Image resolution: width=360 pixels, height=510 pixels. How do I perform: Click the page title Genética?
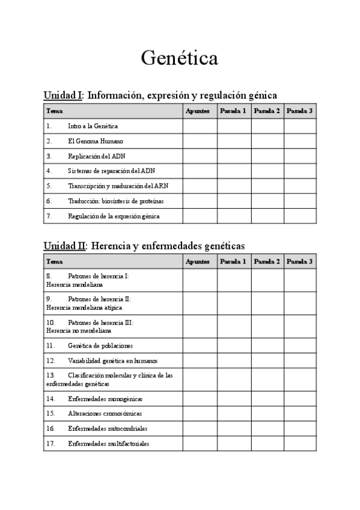coord(180,58)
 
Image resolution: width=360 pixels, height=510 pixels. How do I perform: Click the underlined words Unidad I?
coord(63,95)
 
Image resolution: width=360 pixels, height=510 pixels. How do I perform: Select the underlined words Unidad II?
coord(65,245)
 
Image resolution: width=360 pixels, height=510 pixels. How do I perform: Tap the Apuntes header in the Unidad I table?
coord(198,111)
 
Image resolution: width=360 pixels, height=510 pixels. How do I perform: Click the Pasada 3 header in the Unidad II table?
coord(299,262)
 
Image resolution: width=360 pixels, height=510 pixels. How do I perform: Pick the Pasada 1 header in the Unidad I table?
coord(233,111)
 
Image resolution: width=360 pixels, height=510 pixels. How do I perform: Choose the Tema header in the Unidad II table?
coord(55,262)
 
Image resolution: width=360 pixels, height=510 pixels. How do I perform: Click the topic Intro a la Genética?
coord(93,126)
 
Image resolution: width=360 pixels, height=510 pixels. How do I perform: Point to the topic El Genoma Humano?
coord(95,141)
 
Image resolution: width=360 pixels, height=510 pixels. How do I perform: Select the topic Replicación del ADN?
coord(97,156)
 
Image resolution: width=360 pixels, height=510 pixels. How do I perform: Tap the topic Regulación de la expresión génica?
coord(114,216)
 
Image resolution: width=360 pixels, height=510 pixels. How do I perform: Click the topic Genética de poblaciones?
coord(100,346)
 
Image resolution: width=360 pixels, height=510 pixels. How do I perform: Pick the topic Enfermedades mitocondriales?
coord(108,429)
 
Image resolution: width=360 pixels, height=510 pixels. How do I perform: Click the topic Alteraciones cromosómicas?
coord(105,414)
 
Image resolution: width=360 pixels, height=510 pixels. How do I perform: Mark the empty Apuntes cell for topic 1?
coord(200,126)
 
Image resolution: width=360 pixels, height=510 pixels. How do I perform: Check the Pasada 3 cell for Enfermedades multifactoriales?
coord(299,444)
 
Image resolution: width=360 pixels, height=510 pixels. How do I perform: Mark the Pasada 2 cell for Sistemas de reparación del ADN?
coord(267,171)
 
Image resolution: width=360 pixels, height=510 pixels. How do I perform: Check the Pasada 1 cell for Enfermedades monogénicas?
coord(234,399)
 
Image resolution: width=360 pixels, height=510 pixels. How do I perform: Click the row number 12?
coord(50,361)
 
